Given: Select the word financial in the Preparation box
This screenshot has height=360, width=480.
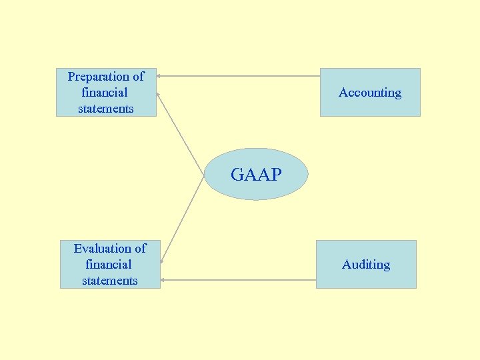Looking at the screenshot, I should pos(105,93).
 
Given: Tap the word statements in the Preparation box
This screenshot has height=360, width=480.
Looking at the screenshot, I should pos(106,109).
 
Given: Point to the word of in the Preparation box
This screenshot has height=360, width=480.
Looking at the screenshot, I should pos(138,77).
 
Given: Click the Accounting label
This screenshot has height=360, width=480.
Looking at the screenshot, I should pos(370,93).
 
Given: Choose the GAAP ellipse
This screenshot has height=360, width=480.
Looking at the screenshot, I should pos(256,175).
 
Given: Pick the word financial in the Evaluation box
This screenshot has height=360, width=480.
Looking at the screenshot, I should pos(109,265).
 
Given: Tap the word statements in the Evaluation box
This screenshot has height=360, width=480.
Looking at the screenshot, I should pos(110,281).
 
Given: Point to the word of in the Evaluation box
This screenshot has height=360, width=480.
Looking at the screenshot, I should pos(140,249).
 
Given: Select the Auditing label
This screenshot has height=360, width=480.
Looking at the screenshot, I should pos(366,265).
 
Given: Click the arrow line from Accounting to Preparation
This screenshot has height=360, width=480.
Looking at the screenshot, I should pos(240,75).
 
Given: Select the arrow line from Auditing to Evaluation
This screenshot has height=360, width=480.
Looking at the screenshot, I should pos(240,280).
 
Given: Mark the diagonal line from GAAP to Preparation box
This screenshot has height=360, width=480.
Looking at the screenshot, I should pos(180,133).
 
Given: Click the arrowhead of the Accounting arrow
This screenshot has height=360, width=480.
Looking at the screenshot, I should pos(159,75).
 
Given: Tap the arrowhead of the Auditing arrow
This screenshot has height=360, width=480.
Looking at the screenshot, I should pos(163,280).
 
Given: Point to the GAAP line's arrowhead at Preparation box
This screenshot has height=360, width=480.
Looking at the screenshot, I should pos(158,94).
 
